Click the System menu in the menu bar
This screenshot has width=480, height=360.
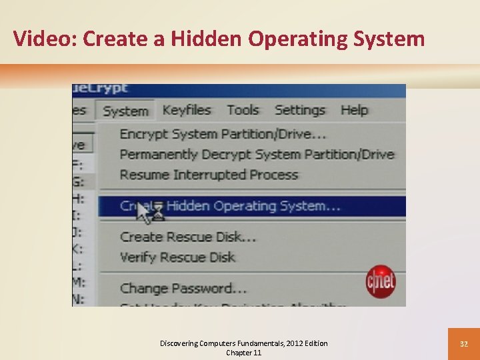[125, 111]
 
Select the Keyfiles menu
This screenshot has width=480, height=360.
[187, 110]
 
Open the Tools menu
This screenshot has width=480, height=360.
[243, 110]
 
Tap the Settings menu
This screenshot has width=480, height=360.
[300, 110]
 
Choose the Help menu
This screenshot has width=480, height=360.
[354, 110]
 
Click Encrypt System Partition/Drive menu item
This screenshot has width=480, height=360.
[223, 134]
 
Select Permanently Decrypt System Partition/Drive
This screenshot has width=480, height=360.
[257, 155]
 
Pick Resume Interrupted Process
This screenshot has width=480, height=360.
[209, 175]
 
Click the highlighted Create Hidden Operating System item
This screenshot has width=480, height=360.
[231, 206]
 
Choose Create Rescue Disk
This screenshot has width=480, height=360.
[189, 237]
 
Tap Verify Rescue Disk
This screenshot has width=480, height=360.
[177, 257]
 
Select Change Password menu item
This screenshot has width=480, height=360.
[183, 289]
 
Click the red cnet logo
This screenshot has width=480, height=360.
[381, 282]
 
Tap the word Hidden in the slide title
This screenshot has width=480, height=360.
[207, 39]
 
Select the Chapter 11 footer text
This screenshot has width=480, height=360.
[243, 353]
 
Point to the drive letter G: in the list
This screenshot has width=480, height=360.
[79, 181]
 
